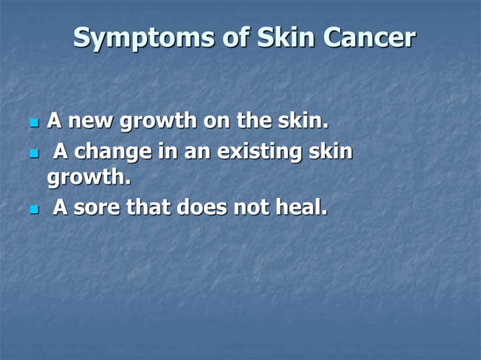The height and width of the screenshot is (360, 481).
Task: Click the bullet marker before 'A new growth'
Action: [32, 122]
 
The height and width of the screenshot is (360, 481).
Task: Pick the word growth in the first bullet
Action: [155, 121]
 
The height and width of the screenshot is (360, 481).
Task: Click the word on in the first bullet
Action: [207, 121]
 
